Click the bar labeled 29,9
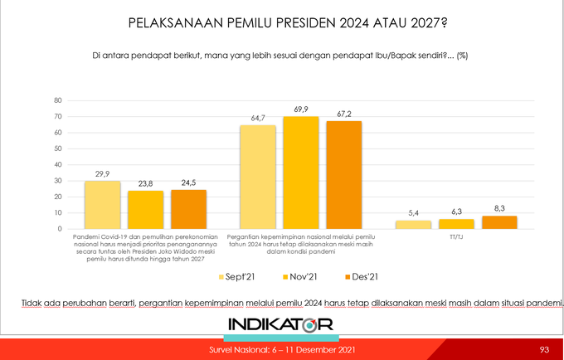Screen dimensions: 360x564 [103, 205]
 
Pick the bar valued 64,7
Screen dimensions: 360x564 [258, 177]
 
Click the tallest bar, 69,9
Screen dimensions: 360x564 [300, 173]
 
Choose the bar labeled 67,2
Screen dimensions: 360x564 [343, 175]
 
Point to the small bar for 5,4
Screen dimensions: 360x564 [413, 225]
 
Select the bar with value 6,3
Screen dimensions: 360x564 [455, 224]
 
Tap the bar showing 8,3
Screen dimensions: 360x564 [498, 222]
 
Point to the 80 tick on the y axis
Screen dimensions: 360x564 [57, 100]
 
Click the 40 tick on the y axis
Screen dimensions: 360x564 [57, 165]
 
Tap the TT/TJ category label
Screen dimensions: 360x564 [456, 236]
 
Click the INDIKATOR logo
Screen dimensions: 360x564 [281, 324]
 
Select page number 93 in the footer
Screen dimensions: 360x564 [544, 349]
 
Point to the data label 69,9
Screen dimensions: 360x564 [300, 109]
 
